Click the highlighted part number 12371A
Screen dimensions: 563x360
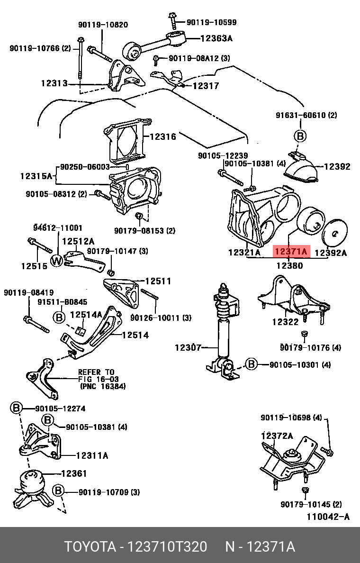click(291, 252)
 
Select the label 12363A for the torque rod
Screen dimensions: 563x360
click(216, 39)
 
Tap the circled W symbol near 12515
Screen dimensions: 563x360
click(57, 260)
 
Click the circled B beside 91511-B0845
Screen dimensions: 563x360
click(59, 317)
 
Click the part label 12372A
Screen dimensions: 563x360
click(277, 436)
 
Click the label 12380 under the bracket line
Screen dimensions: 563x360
click(289, 265)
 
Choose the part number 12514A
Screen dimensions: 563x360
click(86, 314)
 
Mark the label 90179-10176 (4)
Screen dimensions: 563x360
click(310, 348)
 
